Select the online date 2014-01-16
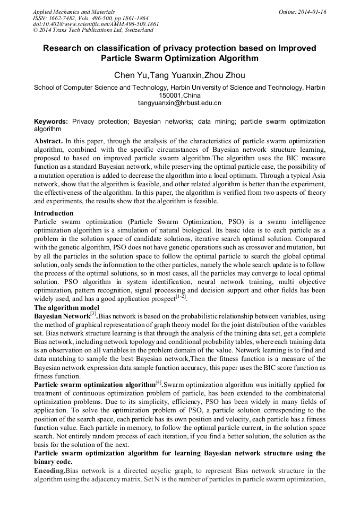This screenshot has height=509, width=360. (x=313, y=12)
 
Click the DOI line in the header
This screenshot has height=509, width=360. (x=96, y=24)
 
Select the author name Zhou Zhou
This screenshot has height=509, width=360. (x=227, y=75)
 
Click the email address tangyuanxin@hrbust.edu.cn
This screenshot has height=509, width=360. (x=179, y=103)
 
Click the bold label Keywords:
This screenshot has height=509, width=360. (x=51, y=122)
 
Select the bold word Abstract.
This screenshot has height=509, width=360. (x=48, y=142)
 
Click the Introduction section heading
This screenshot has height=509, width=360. (x=54, y=213)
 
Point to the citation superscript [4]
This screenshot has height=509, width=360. (x=158, y=382)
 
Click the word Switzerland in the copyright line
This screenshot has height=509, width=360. (x=134, y=31)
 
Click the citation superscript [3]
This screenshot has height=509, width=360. (x=93, y=314)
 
